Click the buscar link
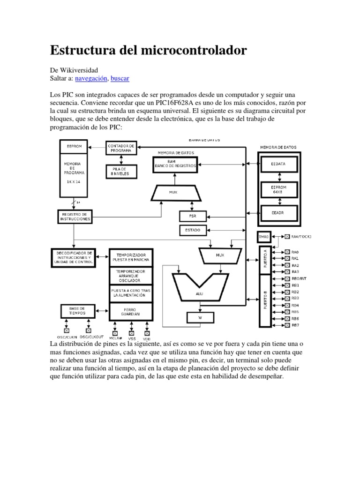click(x=120, y=78)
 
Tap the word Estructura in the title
click(x=81, y=50)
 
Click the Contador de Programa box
click(x=121, y=148)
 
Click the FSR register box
click(x=192, y=216)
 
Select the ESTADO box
click(x=192, y=230)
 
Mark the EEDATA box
click(x=278, y=164)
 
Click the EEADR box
click(x=278, y=212)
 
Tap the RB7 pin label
click(x=295, y=324)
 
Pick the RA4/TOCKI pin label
click(x=301, y=237)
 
